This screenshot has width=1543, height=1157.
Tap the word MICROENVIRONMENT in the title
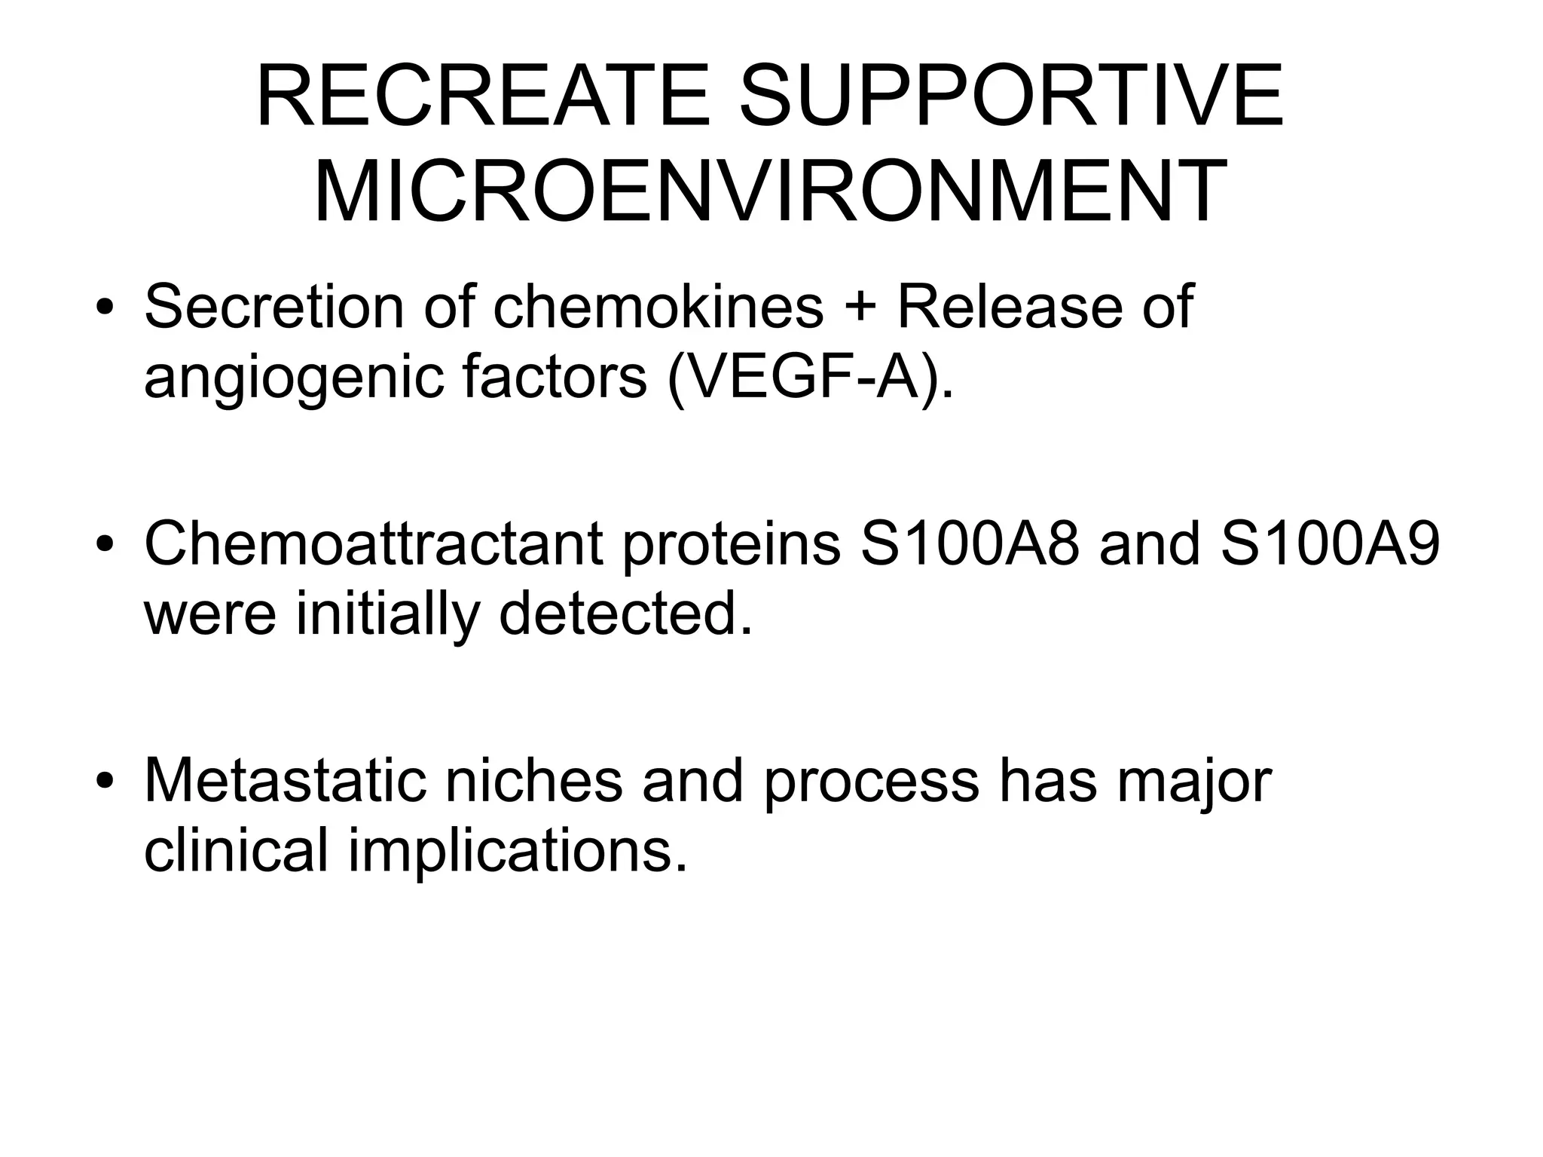(x=770, y=192)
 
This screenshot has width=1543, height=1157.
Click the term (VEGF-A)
(x=810, y=377)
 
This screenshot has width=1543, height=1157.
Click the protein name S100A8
(x=970, y=544)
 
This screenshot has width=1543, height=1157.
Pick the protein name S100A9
(x=1330, y=544)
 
